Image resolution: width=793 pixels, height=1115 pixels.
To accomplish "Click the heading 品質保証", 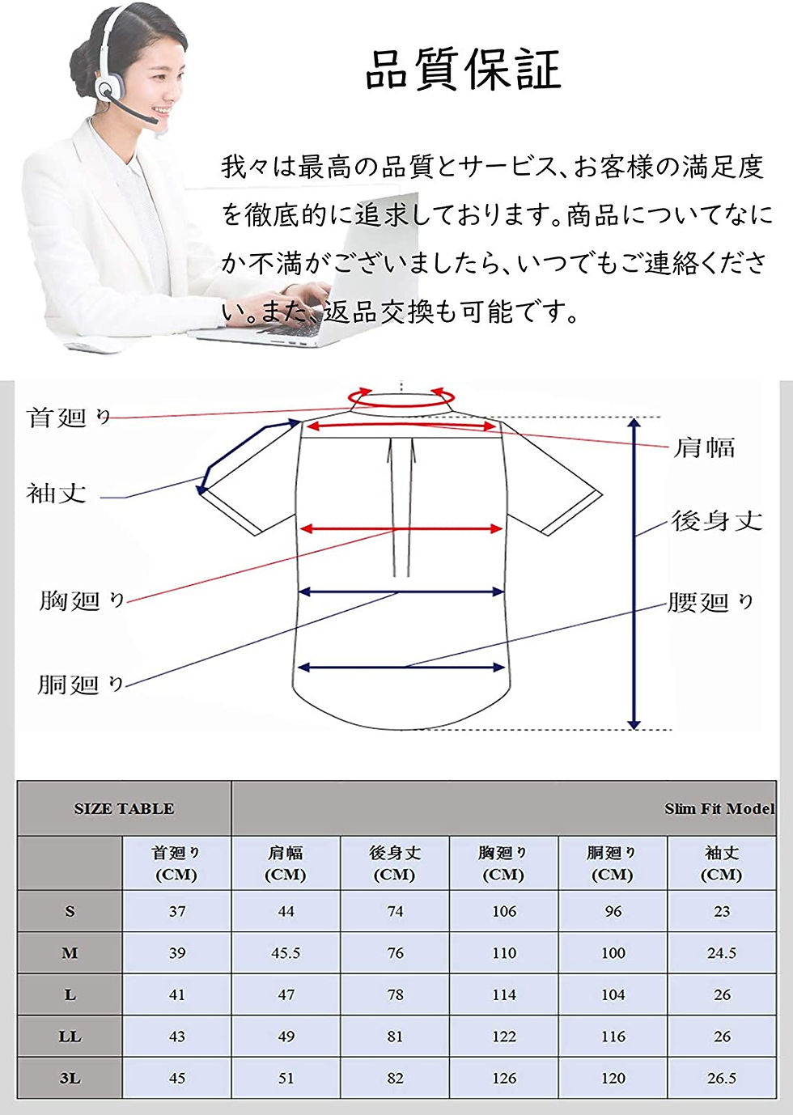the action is point(464,70).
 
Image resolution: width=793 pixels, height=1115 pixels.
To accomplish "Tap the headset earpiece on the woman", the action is point(107,89).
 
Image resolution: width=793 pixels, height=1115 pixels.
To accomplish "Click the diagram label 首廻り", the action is point(68,418).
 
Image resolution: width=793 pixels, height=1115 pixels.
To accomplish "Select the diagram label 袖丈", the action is point(57,494).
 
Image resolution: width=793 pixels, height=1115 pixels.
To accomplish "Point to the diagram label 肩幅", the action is point(704,447).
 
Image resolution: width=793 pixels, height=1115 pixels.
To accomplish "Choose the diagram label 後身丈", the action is point(717,520).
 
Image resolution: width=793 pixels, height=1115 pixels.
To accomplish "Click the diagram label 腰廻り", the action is point(710,602).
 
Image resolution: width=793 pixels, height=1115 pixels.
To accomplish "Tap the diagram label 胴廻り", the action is point(80,684).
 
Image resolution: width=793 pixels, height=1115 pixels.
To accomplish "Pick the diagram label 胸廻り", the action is point(82,600).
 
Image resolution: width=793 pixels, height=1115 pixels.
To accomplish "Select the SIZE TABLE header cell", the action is point(124,808).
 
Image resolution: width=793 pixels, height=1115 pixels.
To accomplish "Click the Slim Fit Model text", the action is point(720,809).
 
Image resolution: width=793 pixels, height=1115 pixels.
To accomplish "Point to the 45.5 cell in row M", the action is point(286,952).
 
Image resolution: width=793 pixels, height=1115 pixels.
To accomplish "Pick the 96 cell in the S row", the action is point(613,911).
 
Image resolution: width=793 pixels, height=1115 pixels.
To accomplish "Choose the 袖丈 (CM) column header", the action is point(722,863).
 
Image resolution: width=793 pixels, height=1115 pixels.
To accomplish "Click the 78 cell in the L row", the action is point(395,994).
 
